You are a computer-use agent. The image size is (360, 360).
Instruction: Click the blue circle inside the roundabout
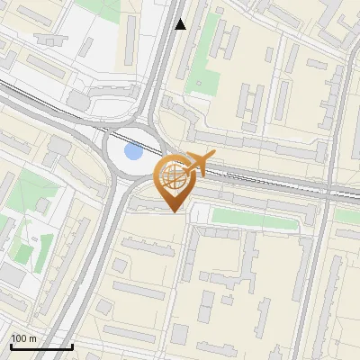[133, 150]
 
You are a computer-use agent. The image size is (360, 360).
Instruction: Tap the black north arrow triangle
[180, 24]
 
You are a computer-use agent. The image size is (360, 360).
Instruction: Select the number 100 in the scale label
[19, 338]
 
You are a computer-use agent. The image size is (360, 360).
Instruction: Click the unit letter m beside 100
[33, 338]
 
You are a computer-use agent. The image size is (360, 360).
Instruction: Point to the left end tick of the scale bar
[11, 346]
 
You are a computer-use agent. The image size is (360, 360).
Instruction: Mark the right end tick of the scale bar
[71, 346]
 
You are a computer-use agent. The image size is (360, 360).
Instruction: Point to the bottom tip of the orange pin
[173, 211]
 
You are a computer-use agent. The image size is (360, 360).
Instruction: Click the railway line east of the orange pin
[270, 179]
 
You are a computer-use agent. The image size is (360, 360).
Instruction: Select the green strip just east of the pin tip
[252, 217]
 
